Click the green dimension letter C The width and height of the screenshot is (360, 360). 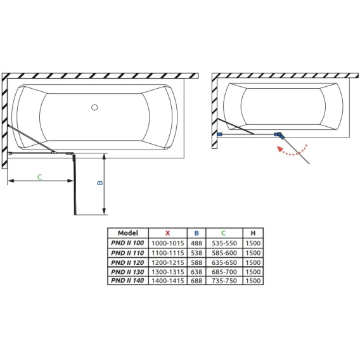click(39, 177)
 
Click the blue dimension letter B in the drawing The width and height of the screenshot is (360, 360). click(100, 183)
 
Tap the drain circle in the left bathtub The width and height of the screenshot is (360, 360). click(94, 107)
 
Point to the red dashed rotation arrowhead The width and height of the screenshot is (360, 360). click(280, 149)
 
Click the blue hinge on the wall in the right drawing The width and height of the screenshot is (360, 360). click(219, 134)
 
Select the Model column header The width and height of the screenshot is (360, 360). click(128, 233)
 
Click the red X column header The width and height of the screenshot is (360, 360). click(167, 233)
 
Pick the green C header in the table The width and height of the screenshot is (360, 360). click(223, 233)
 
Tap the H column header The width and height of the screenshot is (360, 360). click(253, 233)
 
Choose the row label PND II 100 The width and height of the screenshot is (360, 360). click(127, 243)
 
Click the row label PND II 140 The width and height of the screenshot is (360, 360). click(127, 280)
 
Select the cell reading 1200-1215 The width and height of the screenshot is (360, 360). click(168, 262)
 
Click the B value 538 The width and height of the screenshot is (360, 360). click(196, 253)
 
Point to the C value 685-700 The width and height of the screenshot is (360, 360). click(224, 272)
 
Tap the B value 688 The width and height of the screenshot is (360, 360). click(196, 281)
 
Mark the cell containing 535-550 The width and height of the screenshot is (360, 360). click(224, 243)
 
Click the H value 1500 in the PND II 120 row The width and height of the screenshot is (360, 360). click(253, 262)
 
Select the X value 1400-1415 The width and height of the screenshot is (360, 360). click(168, 281)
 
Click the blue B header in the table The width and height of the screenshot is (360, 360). click(196, 233)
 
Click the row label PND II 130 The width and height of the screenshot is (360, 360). click(127, 272)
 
